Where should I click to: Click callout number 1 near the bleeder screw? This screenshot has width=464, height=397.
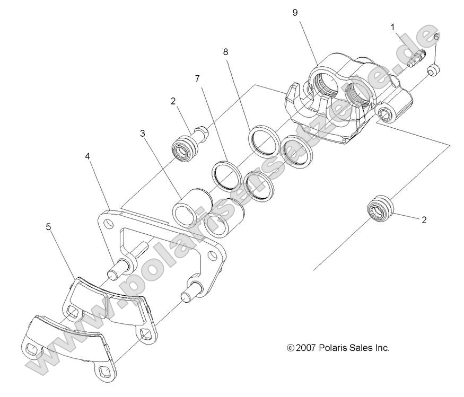pyautogui.click(x=392, y=26)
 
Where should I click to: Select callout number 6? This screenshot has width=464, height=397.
pyautogui.click(x=436, y=37)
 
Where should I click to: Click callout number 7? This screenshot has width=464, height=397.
pyautogui.click(x=197, y=78)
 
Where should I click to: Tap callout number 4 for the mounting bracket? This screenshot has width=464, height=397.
pyautogui.click(x=87, y=156)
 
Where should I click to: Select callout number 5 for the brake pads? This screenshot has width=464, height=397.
pyautogui.click(x=48, y=227)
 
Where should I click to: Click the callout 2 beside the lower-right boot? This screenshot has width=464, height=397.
pyautogui.click(x=424, y=219)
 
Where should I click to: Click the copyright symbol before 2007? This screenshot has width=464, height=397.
pyautogui.click(x=290, y=348)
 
